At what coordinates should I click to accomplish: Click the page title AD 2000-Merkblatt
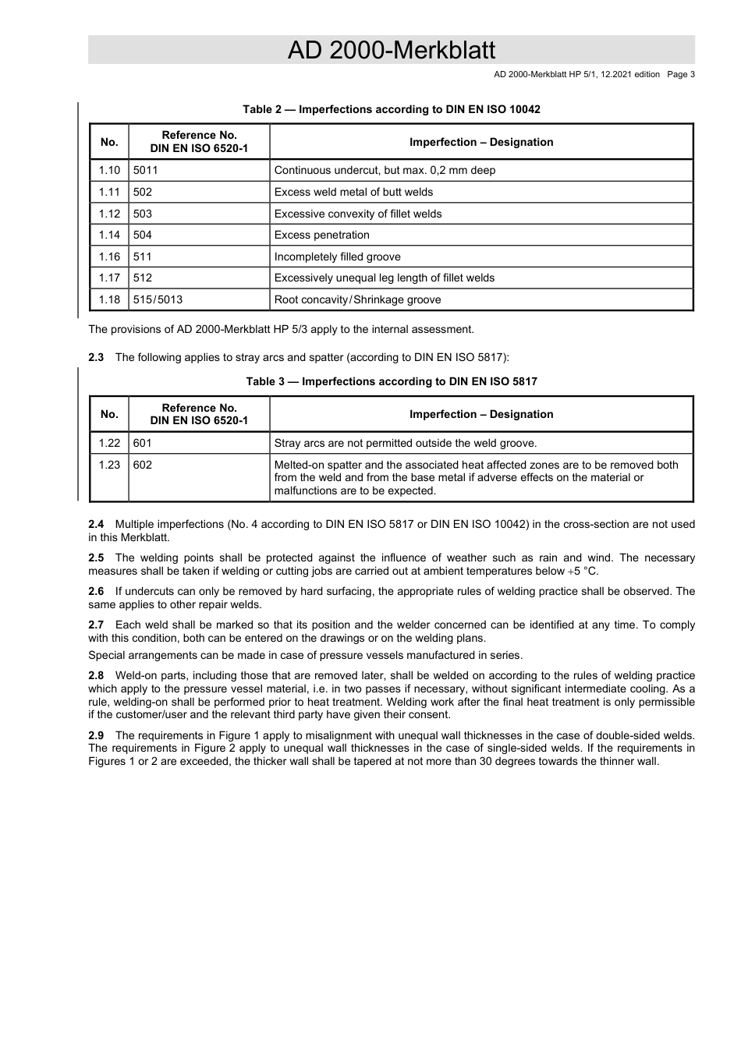click(391, 50)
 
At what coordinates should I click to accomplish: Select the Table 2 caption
click(391, 109)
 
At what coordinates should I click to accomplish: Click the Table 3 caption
click(391, 381)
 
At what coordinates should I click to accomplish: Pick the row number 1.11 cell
click(109, 192)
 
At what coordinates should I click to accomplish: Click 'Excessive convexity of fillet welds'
click(358, 214)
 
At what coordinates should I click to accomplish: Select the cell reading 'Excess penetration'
click(322, 235)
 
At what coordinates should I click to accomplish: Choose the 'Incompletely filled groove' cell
click(338, 257)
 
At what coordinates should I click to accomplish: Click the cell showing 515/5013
click(158, 299)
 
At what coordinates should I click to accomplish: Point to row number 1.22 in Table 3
click(109, 443)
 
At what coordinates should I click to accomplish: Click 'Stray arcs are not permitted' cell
click(406, 443)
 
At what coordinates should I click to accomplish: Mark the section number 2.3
click(96, 357)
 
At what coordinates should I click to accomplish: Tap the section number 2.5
click(96, 558)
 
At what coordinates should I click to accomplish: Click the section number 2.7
click(96, 625)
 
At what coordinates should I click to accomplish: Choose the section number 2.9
click(96, 735)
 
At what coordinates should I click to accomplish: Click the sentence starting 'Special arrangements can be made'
click(305, 655)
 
